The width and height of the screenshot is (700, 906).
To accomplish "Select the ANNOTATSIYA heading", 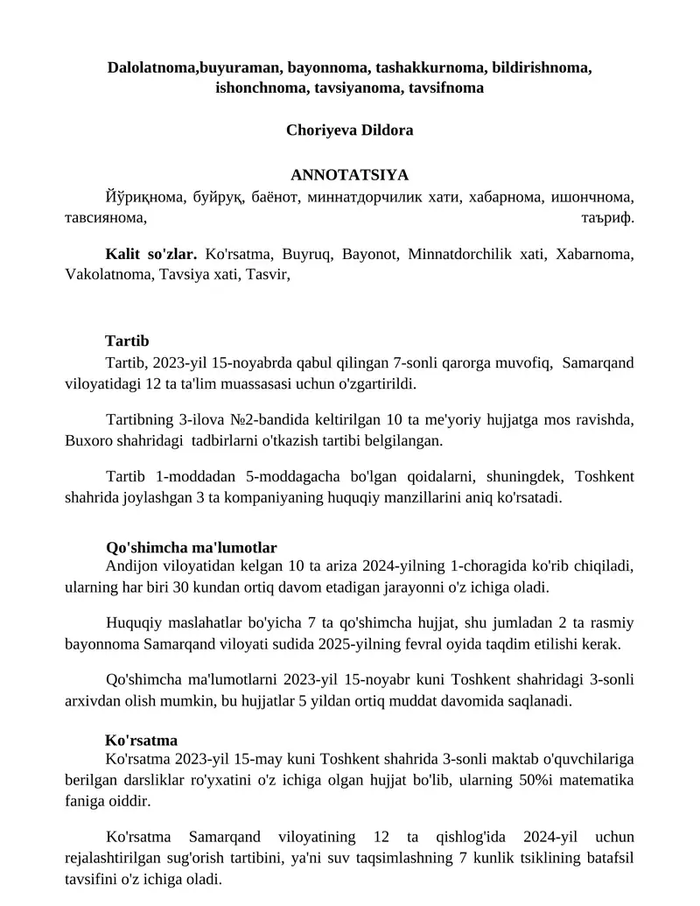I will (x=349, y=175).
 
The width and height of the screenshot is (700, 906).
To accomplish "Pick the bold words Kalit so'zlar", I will (x=150, y=255).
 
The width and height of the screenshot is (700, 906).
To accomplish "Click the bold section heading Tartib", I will (x=127, y=341).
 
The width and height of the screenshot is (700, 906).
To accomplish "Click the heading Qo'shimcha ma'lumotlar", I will (x=191, y=548).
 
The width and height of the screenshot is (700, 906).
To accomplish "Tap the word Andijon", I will (x=132, y=566).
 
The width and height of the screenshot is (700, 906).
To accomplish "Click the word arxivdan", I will (x=91, y=702).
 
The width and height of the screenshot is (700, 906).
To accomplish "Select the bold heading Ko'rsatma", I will (x=141, y=740).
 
